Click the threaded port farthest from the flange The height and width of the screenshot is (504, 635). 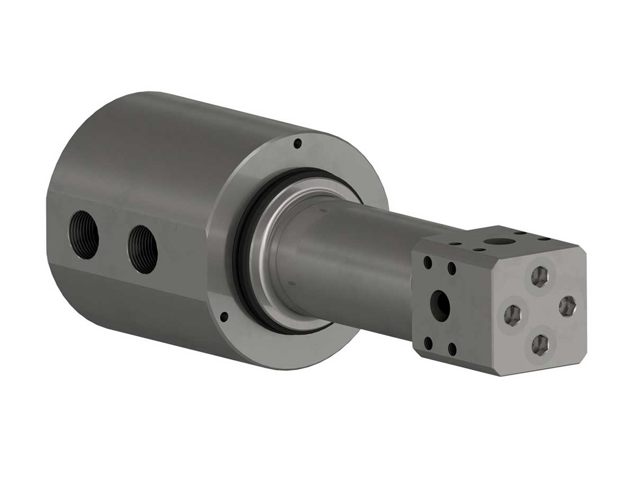tap(84, 234)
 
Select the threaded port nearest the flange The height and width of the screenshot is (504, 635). tap(143, 249)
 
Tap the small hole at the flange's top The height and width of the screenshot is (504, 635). tap(297, 142)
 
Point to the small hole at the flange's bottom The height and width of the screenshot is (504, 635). tap(224, 316)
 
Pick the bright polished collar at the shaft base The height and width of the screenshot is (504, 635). tap(265, 254)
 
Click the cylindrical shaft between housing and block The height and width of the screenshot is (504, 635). tap(360, 264)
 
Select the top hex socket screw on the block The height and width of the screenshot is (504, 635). tap(539, 276)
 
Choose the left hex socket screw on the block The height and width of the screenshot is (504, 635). tap(512, 315)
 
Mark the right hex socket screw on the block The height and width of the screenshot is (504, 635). tap(567, 306)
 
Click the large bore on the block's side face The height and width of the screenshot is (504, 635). tap(440, 305)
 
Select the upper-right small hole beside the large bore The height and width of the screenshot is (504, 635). tap(452, 269)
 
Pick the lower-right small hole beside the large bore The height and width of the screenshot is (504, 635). tap(452, 350)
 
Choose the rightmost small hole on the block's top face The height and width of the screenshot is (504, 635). tap(543, 239)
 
